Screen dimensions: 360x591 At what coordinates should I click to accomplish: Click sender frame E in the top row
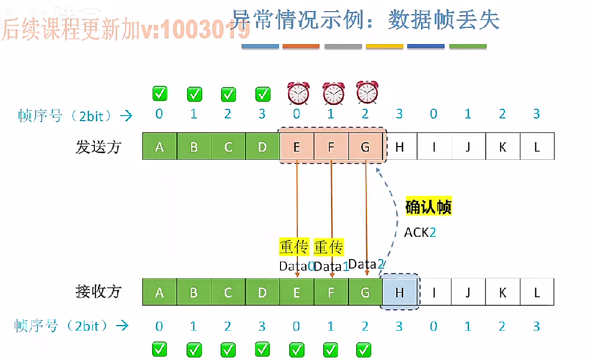tap(297, 147)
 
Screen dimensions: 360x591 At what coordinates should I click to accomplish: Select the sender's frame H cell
tap(399, 147)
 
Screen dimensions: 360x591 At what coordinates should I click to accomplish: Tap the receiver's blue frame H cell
tap(399, 292)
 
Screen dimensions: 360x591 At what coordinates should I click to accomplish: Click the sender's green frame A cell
tap(160, 147)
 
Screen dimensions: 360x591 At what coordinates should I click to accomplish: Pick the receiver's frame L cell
tap(537, 292)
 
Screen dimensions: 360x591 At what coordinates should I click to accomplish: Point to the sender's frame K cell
tap(502, 147)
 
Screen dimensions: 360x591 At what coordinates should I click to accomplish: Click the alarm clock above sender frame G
tap(367, 92)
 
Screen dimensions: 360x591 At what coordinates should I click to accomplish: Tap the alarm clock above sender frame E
tap(298, 93)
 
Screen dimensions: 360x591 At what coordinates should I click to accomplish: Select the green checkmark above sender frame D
tap(262, 94)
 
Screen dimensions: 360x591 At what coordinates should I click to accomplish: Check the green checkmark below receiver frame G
tap(364, 349)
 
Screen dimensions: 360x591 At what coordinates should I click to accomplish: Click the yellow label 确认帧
tap(428, 207)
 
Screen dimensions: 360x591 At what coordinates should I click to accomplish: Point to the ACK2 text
tap(420, 233)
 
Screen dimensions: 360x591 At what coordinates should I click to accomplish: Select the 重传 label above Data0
tap(294, 247)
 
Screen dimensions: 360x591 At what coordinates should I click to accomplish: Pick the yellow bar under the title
tap(384, 47)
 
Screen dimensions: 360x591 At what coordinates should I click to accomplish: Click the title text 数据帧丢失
tap(444, 20)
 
